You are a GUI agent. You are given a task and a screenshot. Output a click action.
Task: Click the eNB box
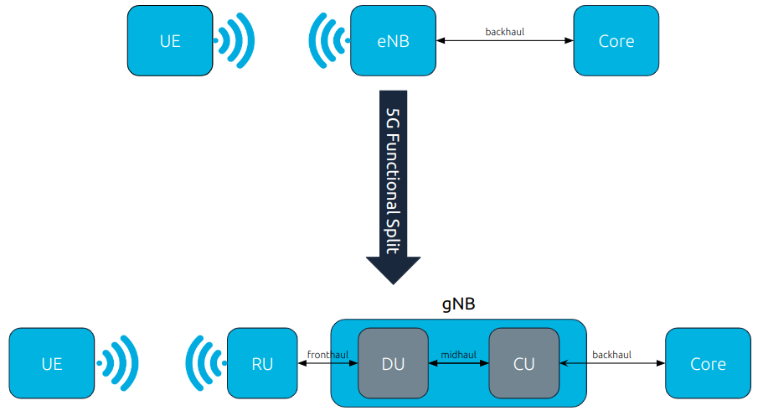point(393,40)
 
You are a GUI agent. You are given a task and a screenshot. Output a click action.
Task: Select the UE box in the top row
point(169,40)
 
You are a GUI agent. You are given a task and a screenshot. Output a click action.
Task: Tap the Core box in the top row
point(616,40)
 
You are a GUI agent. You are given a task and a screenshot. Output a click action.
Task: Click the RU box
point(262,363)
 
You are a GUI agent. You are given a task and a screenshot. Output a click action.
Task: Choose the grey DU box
point(393,363)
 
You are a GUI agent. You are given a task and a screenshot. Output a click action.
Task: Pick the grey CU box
point(523,363)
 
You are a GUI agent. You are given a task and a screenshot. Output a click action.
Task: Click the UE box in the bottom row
point(51,363)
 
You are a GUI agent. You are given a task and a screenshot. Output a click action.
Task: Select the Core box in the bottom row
point(708,363)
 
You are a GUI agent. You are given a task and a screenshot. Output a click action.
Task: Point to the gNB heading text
point(458,304)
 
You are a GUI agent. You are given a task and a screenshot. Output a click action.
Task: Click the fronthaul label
point(327,355)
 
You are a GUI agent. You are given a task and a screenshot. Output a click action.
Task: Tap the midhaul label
point(458,355)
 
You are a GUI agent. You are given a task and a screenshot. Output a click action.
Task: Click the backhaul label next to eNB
point(505,32)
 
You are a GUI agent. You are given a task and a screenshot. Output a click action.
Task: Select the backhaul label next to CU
point(611,355)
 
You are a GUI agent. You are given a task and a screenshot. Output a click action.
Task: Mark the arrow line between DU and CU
point(458,364)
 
